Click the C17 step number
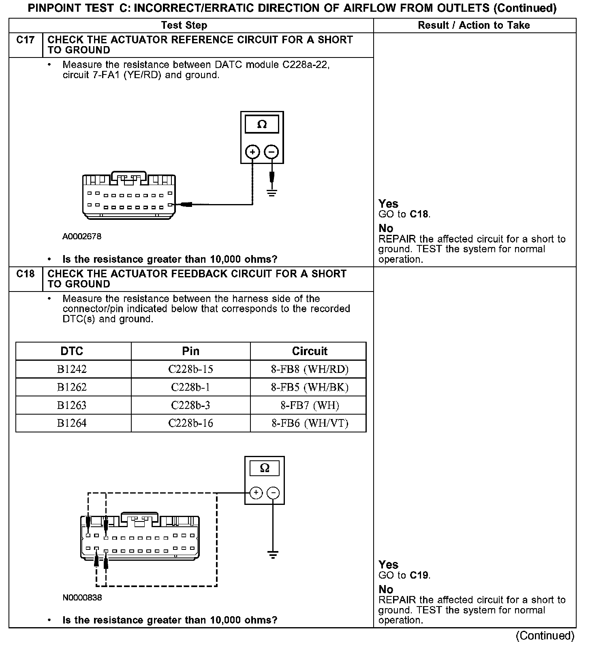(x=25, y=40)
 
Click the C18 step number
(x=25, y=274)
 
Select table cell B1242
(x=72, y=369)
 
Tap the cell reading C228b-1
(x=190, y=387)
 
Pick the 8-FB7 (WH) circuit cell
(x=310, y=405)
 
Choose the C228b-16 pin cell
(x=190, y=424)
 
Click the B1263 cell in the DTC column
(x=72, y=405)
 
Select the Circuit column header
(x=310, y=351)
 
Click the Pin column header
(x=190, y=351)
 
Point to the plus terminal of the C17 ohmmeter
(x=252, y=152)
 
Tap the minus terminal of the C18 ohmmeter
(x=274, y=493)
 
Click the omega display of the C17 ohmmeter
(x=262, y=124)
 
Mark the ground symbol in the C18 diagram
(x=273, y=555)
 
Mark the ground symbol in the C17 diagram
(x=271, y=192)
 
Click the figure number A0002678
(x=82, y=236)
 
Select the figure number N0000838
(x=82, y=598)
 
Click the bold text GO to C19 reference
(x=420, y=575)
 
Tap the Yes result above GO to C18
(x=388, y=204)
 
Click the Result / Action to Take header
(x=474, y=26)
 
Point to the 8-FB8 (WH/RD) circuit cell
(x=310, y=369)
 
